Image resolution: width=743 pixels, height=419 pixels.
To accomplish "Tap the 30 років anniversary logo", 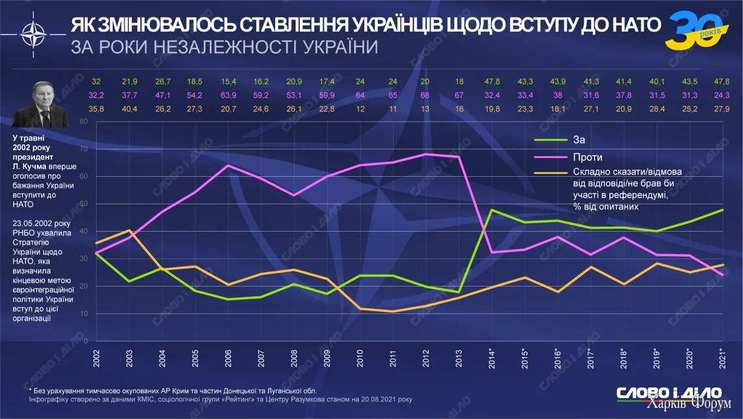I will tap(693, 30).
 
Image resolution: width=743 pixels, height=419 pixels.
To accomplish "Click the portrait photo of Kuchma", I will tap(41, 106).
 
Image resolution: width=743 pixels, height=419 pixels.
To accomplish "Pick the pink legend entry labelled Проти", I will tap(587, 157).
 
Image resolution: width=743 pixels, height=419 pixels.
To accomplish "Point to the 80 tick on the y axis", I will tap(83, 121).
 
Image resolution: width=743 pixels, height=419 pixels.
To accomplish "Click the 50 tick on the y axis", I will tap(83, 204).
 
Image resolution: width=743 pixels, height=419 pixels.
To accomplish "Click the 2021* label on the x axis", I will tap(721, 358).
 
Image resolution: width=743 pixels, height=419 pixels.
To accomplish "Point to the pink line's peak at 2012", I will tap(426, 154).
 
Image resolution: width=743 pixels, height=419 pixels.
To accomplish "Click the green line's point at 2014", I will tap(491, 210).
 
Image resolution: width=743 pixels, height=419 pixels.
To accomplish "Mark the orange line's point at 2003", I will tap(129, 230).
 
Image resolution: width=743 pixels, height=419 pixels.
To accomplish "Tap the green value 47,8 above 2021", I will tap(721, 81).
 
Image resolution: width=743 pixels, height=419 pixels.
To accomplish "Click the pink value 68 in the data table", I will tap(425, 95).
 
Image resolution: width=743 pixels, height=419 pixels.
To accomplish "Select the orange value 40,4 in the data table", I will tap(129, 109).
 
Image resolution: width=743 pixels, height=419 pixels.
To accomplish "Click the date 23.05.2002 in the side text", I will tap(30, 223).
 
